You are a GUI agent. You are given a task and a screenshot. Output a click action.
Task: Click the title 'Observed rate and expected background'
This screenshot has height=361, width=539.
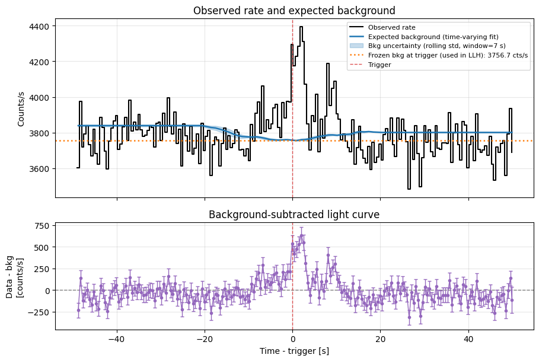coord(294,11)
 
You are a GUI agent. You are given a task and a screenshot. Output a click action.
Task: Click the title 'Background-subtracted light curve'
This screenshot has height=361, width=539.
coord(294,215)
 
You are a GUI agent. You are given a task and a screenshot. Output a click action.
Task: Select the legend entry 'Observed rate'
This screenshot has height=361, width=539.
coord(391,27)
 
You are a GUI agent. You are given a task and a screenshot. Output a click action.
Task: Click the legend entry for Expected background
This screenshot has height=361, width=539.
coord(433,37)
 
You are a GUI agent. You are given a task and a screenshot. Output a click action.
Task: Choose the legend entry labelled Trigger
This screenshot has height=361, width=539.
coord(379,65)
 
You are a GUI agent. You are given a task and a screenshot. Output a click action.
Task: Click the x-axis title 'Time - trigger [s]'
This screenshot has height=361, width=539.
coord(294,351)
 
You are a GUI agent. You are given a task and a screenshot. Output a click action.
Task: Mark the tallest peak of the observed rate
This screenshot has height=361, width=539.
coord(301,27)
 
